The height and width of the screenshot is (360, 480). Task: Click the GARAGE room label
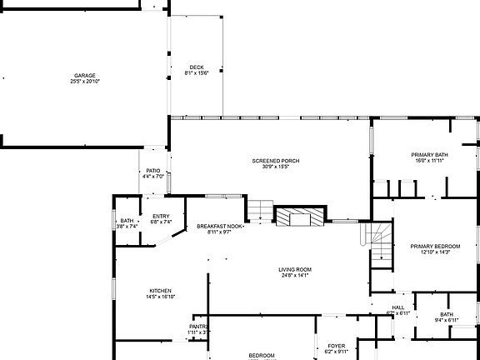tap(85, 75)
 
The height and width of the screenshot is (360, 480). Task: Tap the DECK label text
tap(196, 67)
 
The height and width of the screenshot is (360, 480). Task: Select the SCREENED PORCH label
tap(275, 161)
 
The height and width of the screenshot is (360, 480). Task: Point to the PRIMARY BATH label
tap(429, 155)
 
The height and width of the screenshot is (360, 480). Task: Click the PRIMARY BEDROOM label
tap(435, 246)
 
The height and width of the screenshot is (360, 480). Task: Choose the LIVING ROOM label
tap(295, 269)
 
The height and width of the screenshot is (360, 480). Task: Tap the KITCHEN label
tap(160, 291)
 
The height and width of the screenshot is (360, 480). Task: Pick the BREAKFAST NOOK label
tap(220, 227)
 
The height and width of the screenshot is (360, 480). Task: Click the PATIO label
tap(153, 170)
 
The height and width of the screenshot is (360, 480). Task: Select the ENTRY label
tap(161, 217)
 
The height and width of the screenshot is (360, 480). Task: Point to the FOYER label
tap(336, 346)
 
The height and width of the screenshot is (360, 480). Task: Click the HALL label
tap(398, 307)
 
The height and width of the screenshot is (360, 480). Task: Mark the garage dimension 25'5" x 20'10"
tap(85, 81)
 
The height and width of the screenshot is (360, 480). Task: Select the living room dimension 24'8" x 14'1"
tap(295, 275)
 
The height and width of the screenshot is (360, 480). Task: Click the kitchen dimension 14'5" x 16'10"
tap(160, 297)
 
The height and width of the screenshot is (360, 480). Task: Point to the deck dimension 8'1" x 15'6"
tap(196, 73)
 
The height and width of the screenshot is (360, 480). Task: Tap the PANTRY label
tap(198, 327)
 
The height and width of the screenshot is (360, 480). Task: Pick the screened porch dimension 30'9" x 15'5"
tap(275, 167)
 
